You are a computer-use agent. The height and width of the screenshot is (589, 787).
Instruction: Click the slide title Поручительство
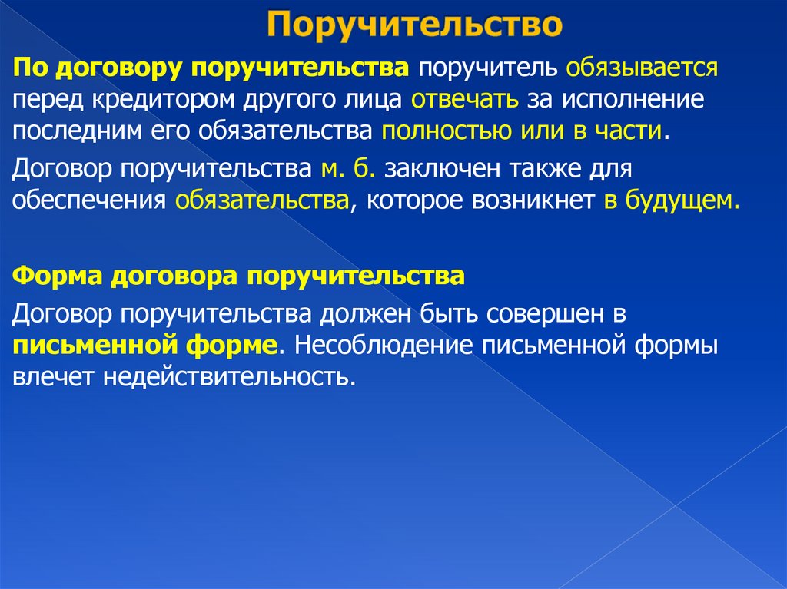point(414,26)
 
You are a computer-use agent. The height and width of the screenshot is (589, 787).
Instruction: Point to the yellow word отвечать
point(465,100)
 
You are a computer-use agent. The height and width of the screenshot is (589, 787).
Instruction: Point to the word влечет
point(52,377)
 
